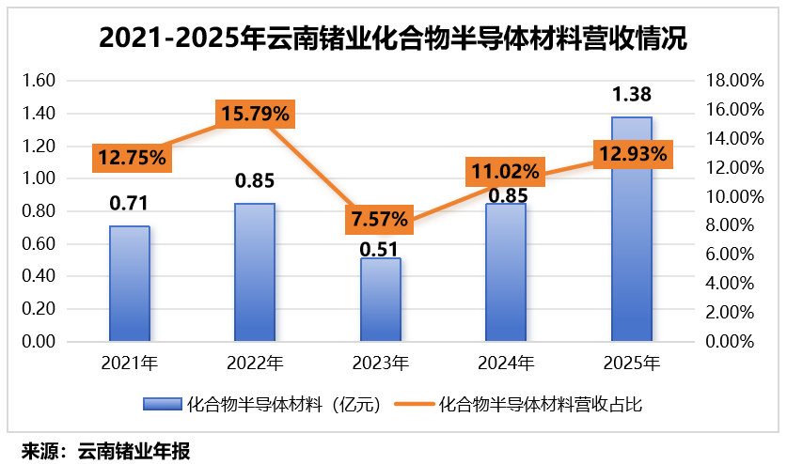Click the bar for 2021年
(130, 283)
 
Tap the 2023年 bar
(380, 299)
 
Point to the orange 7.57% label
(380, 220)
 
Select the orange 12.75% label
(130, 158)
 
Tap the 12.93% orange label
(632, 152)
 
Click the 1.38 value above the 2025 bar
(632, 94)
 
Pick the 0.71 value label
(130, 203)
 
